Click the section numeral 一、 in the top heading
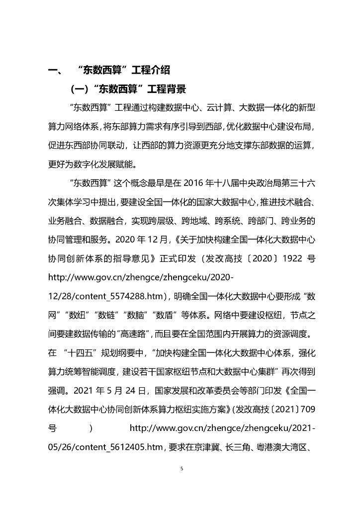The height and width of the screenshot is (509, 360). click(x=54, y=70)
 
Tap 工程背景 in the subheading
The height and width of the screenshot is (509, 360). click(x=167, y=89)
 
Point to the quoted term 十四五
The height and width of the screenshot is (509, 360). click(x=81, y=354)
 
